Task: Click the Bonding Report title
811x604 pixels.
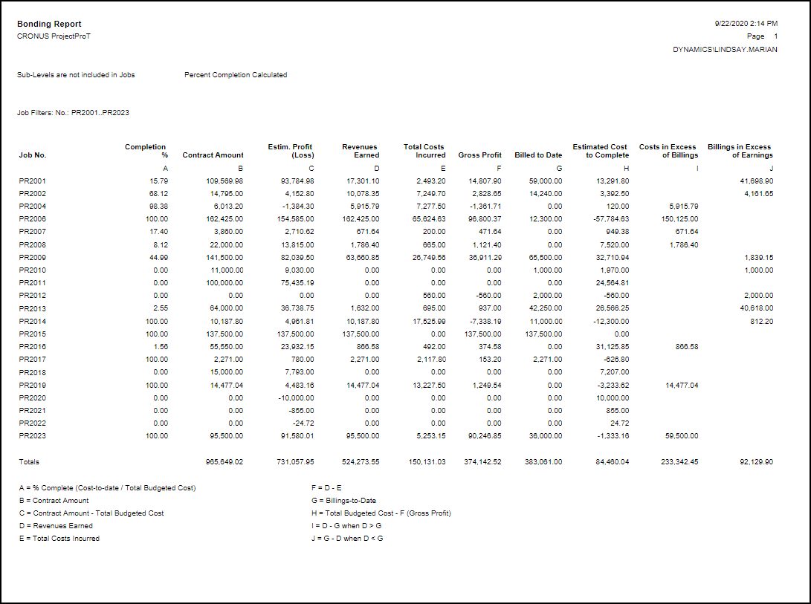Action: [x=49, y=25]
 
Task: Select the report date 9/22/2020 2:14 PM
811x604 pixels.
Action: [x=746, y=24]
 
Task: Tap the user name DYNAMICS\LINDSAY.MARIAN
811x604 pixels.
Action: [x=726, y=50]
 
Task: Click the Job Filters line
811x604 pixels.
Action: [x=74, y=113]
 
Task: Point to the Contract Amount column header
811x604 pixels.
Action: [x=213, y=155]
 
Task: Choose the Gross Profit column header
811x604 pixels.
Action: [x=480, y=155]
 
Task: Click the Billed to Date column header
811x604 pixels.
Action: [x=538, y=155]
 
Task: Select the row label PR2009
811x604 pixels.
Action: [x=33, y=257]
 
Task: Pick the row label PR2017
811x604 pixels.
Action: [x=33, y=359]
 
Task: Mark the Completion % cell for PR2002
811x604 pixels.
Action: [x=158, y=193]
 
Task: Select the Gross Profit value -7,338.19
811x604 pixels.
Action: [x=483, y=321]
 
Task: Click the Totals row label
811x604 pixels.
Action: [x=29, y=462]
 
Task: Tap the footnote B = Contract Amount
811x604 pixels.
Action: [x=54, y=501]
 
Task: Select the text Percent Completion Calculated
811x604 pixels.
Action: [x=236, y=75]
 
